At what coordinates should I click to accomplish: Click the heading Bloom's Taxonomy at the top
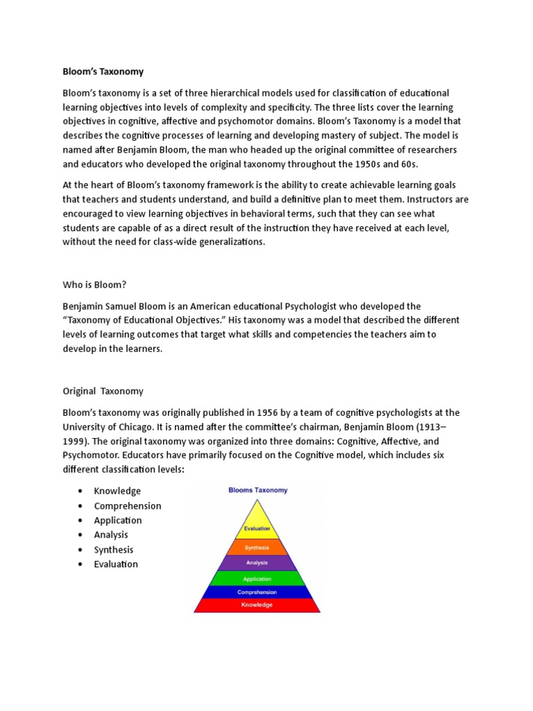103,71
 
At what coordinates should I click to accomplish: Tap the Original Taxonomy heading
103,391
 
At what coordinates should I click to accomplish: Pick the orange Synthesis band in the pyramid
257,547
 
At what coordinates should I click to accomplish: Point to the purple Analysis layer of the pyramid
257,562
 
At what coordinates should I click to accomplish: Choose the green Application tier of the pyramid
257,578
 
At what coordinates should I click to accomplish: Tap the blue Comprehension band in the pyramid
257,592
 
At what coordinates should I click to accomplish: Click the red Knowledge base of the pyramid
257,605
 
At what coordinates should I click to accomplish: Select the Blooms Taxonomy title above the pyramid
257,490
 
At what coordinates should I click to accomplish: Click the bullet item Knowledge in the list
117,491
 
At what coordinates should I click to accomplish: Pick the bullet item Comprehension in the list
128,505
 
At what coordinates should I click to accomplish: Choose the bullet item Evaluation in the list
116,564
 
